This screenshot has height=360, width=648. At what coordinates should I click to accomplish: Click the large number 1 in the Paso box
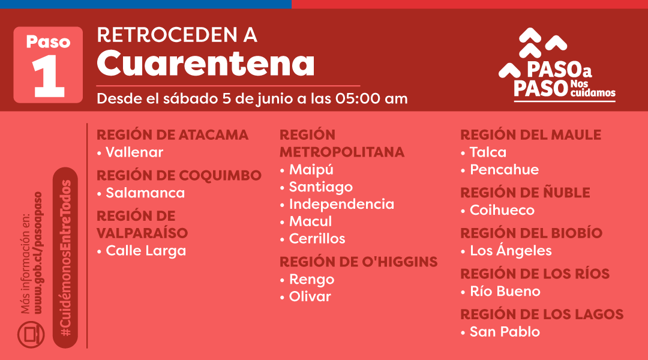pos(49,76)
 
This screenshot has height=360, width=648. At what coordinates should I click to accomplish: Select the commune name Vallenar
pos(134,152)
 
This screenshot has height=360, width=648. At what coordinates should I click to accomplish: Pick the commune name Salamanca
pos(145,193)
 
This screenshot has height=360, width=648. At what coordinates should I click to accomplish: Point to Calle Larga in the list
pos(146,251)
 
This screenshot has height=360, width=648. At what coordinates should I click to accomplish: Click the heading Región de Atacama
pos(172,135)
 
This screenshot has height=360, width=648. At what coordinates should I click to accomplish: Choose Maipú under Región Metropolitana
pos(311,169)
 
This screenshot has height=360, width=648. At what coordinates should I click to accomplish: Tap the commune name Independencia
pos(341,204)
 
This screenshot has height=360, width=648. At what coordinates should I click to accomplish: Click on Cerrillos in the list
pos(317,238)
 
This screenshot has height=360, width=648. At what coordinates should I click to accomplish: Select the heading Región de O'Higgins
pos(358,262)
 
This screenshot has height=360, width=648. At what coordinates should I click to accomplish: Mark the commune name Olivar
pos(310,296)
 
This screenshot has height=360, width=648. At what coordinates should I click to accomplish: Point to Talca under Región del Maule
pos(488,152)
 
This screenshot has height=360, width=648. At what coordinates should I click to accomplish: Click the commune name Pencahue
pos(504,169)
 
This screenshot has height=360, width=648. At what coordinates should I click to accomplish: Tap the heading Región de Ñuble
pos(525,193)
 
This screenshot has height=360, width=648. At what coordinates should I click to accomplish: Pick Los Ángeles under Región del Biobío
pos(511,250)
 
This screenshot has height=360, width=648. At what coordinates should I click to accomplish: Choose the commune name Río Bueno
pos(505,291)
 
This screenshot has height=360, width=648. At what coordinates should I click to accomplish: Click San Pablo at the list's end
pos(505,331)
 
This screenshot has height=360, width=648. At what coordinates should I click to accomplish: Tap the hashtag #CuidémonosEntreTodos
pos(65,258)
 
